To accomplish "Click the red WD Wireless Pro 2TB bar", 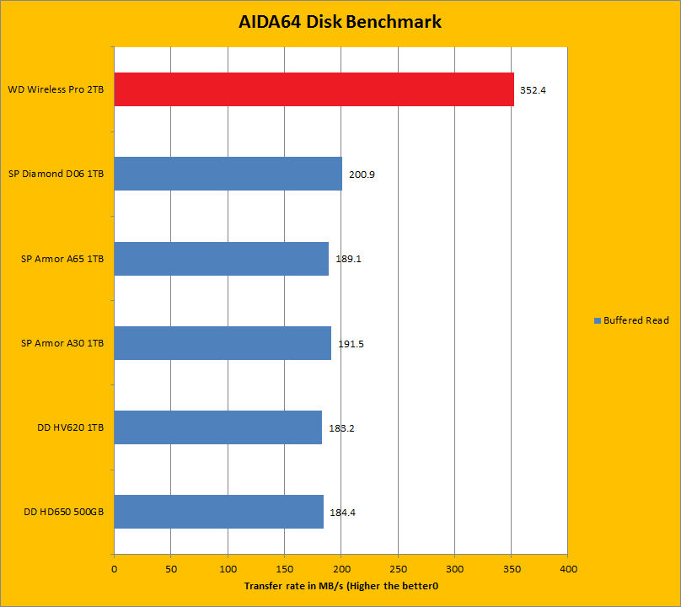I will (314, 89).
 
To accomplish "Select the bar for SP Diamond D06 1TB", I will (228, 174).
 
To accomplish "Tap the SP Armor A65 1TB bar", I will (221, 259).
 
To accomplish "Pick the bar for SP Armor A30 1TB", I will (223, 343).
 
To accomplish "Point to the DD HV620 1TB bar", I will (217, 427).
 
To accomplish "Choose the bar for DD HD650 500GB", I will (218, 512).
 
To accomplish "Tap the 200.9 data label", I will (362, 175).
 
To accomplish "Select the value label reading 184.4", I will (342, 513).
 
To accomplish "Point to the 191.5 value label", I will (350, 344).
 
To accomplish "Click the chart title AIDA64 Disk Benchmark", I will (340, 22).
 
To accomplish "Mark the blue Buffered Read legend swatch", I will (598, 320).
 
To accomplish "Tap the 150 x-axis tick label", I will (284, 569).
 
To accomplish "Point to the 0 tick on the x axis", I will (114, 569).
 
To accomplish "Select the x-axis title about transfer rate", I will (341, 586).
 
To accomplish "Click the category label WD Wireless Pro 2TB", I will (56, 89).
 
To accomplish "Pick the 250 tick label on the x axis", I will (398, 569).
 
